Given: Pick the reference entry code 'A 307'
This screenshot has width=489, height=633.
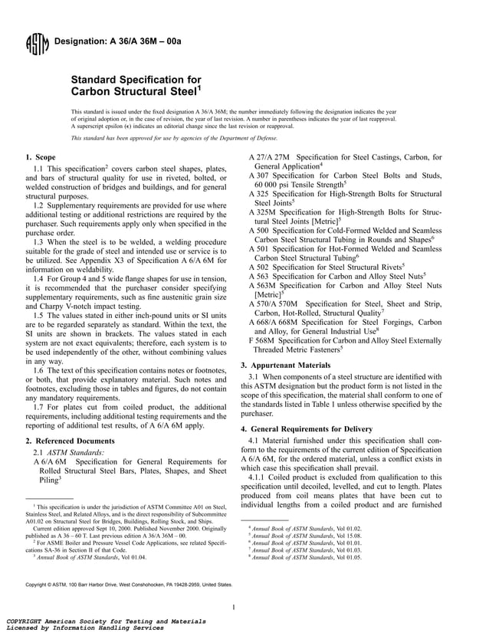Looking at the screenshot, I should pyautogui.click(x=261, y=175).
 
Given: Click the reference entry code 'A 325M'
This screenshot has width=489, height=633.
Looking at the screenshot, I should pyautogui.click(x=263, y=212).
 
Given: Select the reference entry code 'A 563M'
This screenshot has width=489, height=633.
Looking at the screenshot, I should pyautogui.click(x=263, y=284).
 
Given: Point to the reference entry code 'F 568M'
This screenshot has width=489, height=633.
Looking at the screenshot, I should pyautogui.click(x=262, y=339).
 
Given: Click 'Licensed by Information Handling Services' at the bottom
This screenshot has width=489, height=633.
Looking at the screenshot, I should pyautogui.click(x=84, y=627).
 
